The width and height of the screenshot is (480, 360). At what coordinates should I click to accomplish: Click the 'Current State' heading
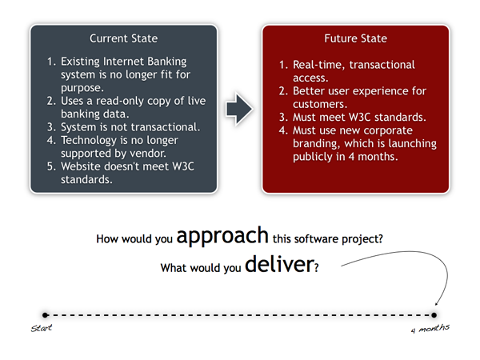coord(123,38)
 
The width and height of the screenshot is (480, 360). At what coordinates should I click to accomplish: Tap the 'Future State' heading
coord(355,38)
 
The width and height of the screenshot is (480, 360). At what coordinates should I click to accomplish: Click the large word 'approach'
coord(222,237)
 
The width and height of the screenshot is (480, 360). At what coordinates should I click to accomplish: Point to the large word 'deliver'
coord(278,265)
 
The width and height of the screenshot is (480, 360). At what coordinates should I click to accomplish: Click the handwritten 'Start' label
coord(41,329)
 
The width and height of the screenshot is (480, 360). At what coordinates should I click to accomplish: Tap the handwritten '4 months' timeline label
coord(430,329)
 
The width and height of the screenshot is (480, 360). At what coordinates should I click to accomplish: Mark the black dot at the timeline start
coord(46,315)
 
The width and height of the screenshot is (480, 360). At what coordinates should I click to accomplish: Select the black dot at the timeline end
coord(435,315)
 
